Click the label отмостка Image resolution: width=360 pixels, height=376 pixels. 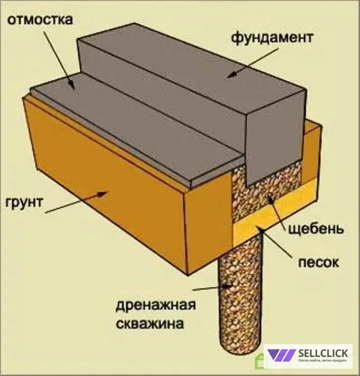tap(40, 20)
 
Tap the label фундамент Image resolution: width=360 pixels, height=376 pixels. tap(272, 38)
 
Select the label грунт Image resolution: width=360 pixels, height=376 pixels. tap(24, 203)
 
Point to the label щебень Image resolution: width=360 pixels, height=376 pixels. tap(316, 229)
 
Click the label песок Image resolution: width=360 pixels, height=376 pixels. tap(318, 262)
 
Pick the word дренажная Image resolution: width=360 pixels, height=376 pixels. tap(156, 305)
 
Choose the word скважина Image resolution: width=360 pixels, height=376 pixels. tap(150, 324)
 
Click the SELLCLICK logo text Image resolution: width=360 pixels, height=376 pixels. tap(323, 353)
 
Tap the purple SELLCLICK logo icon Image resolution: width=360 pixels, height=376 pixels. tap(281, 355)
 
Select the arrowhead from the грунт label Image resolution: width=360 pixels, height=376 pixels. tap(103, 193)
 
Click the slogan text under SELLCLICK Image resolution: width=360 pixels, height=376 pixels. tap(322, 361)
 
